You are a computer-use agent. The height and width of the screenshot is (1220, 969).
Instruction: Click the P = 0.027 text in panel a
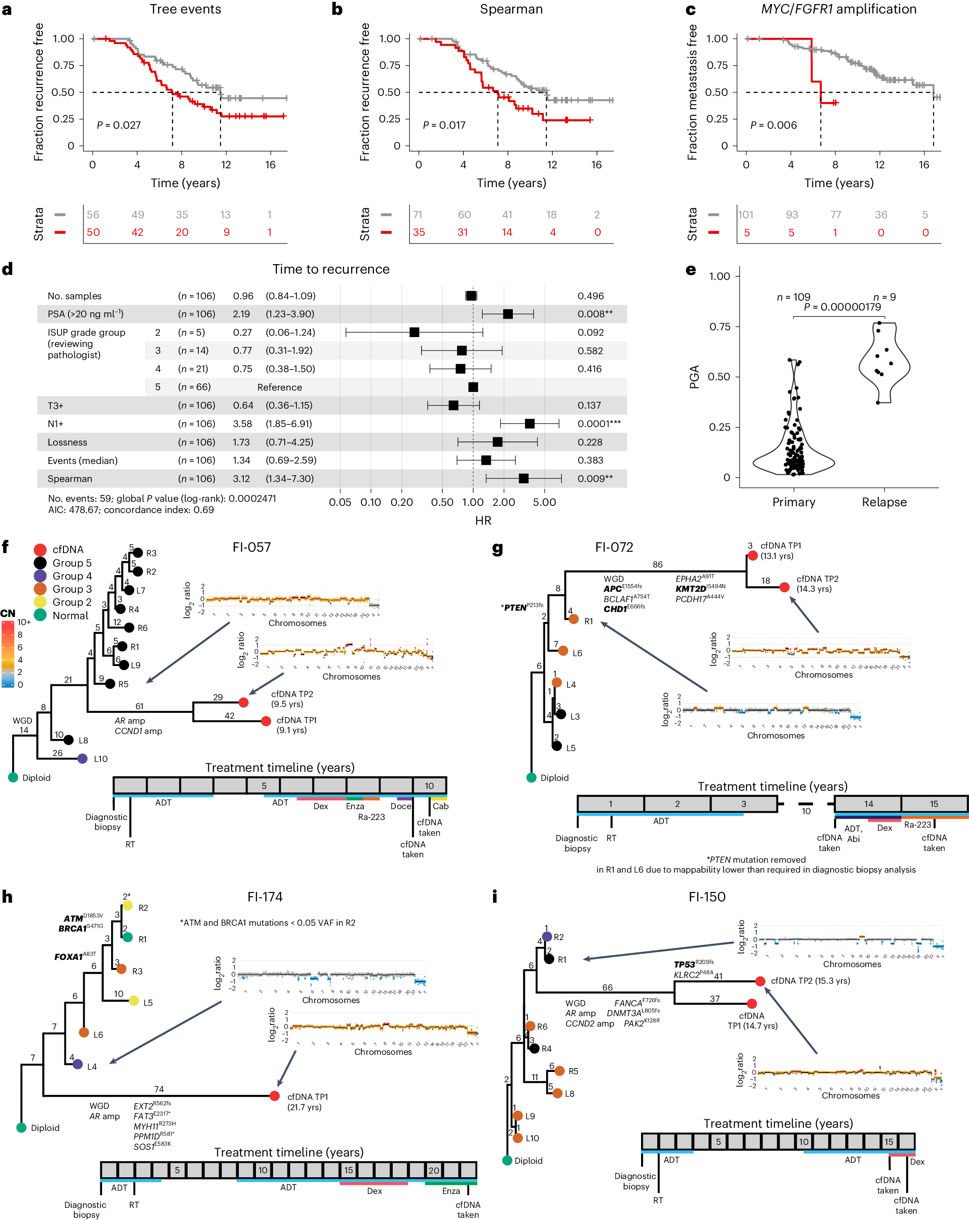(118, 125)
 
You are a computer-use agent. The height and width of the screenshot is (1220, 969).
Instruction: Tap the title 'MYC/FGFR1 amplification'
(839, 9)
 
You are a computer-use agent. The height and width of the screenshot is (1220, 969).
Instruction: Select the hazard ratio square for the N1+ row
(529, 424)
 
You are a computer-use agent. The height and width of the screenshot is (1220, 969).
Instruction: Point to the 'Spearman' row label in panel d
(70, 479)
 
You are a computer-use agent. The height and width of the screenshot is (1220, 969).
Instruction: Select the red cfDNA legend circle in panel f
(40, 550)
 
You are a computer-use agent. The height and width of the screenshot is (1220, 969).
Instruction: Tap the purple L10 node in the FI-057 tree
(83, 759)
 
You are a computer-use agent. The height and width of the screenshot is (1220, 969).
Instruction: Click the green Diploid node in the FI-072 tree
(531, 778)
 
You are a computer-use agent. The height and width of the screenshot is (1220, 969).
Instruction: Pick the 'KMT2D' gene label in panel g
(691, 589)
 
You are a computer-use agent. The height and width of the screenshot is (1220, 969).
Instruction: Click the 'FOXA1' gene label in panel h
(68, 957)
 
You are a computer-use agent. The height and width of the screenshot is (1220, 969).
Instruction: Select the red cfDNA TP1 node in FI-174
(275, 1096)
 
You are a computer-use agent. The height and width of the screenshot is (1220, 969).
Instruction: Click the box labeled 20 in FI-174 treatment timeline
(433, 1170)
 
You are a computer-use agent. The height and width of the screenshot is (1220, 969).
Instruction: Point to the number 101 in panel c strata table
(745, 215)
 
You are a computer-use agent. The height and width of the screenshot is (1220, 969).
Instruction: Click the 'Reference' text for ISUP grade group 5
(279, 387)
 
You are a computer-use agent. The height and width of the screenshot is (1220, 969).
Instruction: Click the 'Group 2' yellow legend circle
(40, 602)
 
